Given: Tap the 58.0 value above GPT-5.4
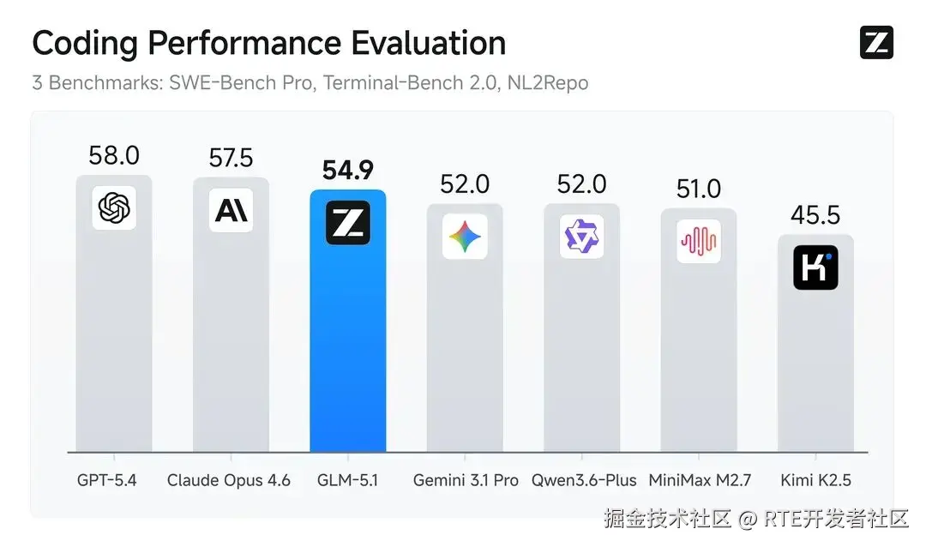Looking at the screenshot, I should click(114, 156).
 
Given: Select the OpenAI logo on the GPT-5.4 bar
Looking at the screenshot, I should click(114, 207).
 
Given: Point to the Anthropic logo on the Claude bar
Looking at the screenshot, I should click(231, 210).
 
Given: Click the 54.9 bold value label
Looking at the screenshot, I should click(347, 170).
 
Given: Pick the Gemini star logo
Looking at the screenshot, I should click(465, 237).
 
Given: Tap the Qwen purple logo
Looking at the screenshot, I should click(581, 237).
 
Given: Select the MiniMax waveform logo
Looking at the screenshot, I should click(699, 241).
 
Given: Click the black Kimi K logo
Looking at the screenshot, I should click(815, 267).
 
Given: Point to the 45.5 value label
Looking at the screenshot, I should click(815, 215).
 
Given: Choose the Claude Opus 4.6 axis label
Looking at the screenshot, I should click(229, 480).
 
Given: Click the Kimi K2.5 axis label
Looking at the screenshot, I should click(815, 480).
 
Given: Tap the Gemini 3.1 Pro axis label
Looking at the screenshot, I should click(466, 480).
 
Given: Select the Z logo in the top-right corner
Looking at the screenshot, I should click(876, 43).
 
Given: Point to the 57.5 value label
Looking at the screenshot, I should click(231, 158).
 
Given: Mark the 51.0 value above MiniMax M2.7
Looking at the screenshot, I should click(699, 188).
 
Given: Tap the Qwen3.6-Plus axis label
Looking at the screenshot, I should click(584, 480).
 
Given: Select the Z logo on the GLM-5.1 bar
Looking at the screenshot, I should click(347, 222).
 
